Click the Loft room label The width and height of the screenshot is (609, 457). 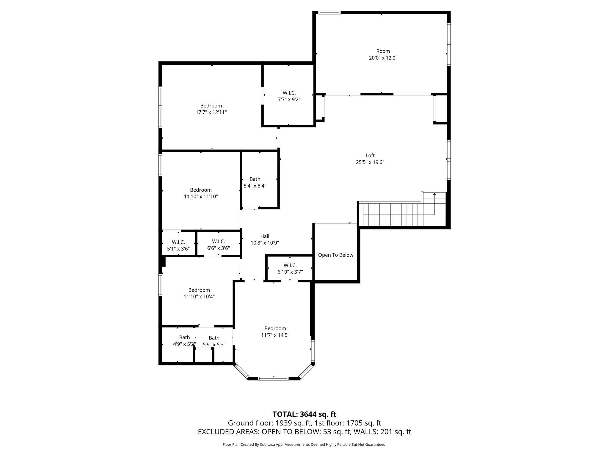[x=370, y=156]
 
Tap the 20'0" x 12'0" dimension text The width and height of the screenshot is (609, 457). [x=383, y=58]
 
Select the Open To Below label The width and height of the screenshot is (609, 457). [x=335, y=255]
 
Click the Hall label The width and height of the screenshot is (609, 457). [x=265, y=236]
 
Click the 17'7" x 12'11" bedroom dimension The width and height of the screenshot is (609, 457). [x=211, y=112]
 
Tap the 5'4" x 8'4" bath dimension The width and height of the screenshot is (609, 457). [x=255, y=186]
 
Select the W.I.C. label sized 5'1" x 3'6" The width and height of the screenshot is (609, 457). [x=178, y=242]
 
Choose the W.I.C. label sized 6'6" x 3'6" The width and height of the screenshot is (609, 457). [x=219, y=241]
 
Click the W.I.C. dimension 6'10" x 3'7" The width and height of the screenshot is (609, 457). [x=290, y=272]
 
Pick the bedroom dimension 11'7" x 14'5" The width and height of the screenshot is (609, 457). [x=275, y=335]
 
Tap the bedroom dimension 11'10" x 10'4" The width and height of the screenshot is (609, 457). [x=199, y=297]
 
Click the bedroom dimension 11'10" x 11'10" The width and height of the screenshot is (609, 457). [x=201, y=197]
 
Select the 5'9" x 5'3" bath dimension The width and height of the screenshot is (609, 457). [x=214, y=345]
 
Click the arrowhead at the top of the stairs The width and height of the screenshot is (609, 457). [x=434, y=194]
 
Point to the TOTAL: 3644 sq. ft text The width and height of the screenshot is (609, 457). [x=304, y=414]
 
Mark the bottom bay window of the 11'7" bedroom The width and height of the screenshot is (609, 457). [x=273, y=378]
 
